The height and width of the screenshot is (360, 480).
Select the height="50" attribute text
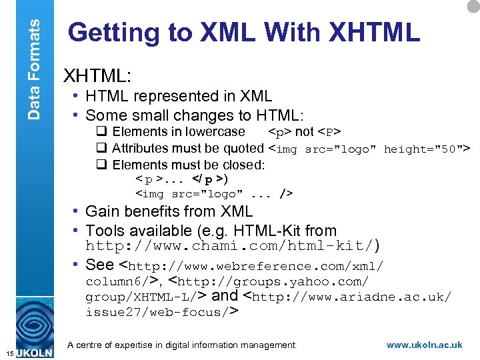[427, 149]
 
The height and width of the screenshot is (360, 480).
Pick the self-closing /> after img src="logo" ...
[286, 194]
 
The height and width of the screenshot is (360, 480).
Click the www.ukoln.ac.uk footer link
[424, 345]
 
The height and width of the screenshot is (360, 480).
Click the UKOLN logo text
[34, 352]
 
